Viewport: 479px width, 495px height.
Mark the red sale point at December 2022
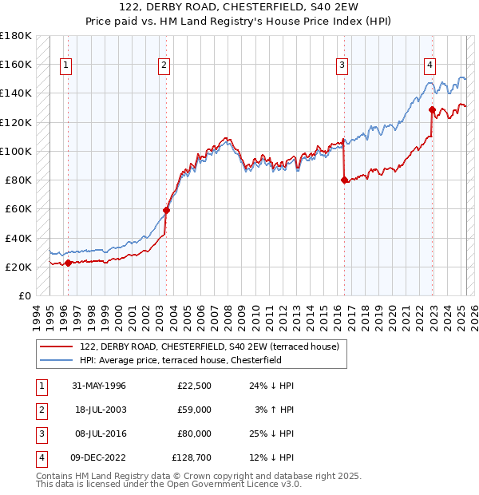coord(432,110)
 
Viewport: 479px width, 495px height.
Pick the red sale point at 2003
coord(167,210)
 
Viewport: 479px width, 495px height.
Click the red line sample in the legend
coord(57,346)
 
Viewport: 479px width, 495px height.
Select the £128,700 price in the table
coord(192,457)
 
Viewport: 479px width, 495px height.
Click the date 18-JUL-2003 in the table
coord(99,410)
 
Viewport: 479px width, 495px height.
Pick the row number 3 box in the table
coord(41,434)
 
